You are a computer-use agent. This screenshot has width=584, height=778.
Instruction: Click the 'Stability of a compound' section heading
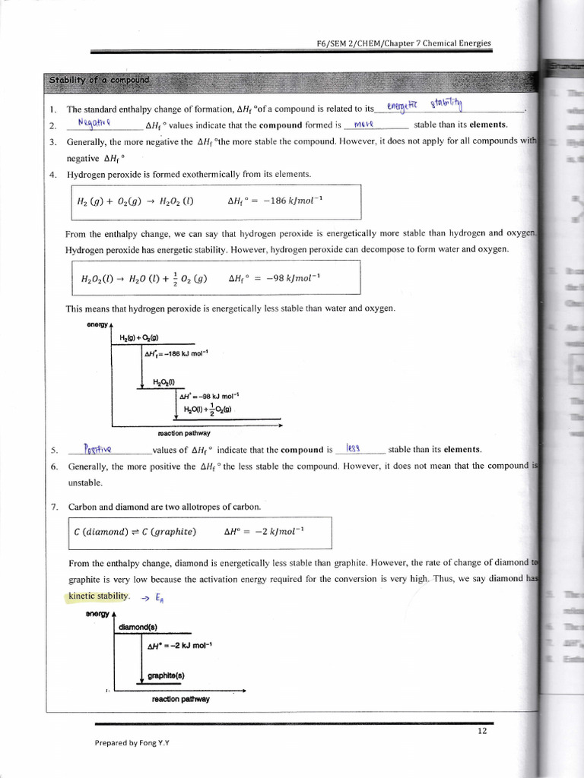tap(100, 81)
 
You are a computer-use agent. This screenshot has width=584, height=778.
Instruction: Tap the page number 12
tap(482, 731)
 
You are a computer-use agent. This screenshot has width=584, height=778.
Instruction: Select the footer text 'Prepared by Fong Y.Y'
tap(132, 743)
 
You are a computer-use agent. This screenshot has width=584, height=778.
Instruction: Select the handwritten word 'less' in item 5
tap(353, 448)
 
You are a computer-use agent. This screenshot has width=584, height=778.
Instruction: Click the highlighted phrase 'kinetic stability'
tap(99, 596)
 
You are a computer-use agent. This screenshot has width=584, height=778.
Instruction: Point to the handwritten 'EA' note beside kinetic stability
tap(158, 598)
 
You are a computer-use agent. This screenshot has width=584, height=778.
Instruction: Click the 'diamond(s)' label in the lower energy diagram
tap(138, 628)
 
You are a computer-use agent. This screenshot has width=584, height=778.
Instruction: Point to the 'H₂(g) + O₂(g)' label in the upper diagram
tap(138, 338)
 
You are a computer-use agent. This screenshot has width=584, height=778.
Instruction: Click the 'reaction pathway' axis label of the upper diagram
tap(184, 433)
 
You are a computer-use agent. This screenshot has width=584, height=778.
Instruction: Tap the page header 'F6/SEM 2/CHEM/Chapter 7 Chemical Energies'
tap(403, 43)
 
